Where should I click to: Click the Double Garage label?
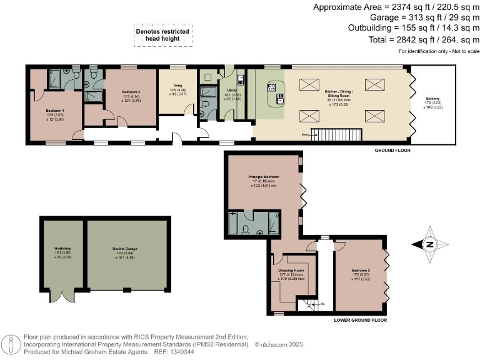click(x=125, y=249)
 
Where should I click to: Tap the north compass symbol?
click(x=429, y=245)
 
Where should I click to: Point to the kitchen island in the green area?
click(x=276, y=96)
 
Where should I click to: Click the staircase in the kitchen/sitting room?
click(x=337, y=134)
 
